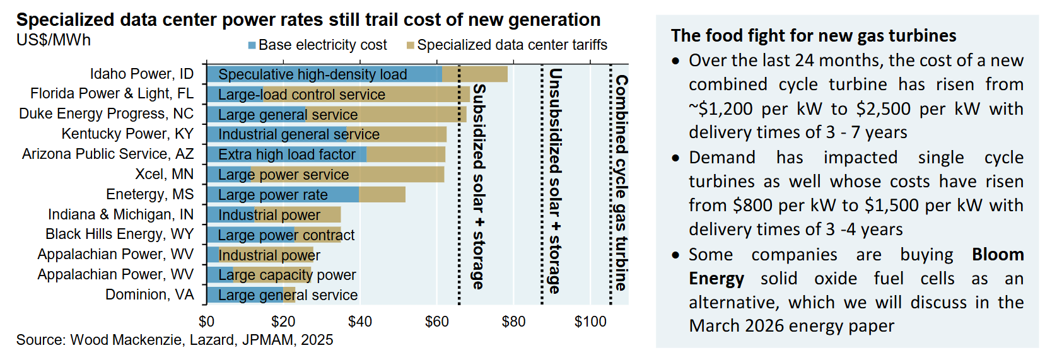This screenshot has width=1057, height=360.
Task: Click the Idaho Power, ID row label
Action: (141, 74)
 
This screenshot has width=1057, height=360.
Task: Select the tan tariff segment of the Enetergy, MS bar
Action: (382, 195)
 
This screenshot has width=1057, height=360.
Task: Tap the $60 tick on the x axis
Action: (436, 322)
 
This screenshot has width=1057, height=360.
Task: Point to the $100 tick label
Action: (590, 322)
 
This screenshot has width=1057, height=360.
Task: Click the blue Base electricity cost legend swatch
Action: (252, 45)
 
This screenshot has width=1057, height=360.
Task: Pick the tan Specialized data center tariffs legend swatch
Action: (411, 45)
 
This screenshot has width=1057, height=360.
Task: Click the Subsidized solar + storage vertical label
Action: (479, 186)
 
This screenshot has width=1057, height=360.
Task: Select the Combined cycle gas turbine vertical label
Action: (621, 183)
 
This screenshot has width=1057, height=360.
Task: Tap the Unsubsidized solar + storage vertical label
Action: (555, 182)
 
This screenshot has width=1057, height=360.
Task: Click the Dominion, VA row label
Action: (149, 294)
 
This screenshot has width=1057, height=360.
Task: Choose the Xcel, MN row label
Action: (164, 174)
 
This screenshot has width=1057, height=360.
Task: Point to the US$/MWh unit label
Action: (54, 40)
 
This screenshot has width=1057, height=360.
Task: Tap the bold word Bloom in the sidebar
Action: (998, 255)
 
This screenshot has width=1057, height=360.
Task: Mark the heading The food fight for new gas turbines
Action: (813, 36)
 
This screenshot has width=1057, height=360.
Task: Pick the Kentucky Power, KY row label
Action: (127, 134)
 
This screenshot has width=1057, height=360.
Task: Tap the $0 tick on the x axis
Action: (206, 322)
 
